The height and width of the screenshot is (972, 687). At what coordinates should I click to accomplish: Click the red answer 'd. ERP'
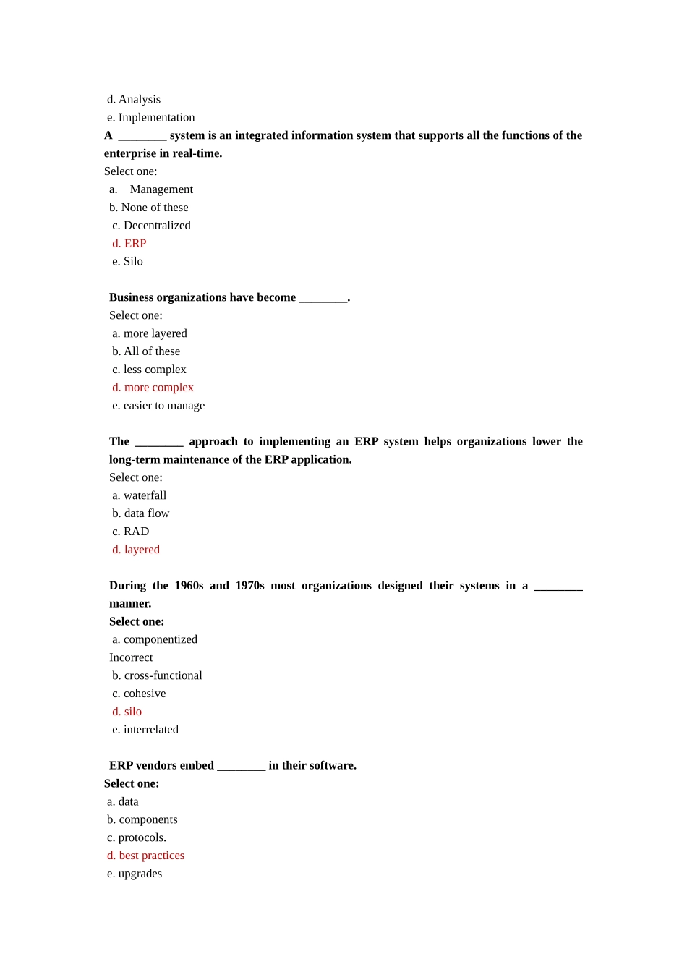coord(129,244)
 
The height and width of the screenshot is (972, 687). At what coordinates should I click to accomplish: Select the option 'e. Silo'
coord(128,262)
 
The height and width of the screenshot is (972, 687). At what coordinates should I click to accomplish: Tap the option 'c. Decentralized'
coord(152,226)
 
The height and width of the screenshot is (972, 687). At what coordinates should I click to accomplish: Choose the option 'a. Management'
coord(151,189)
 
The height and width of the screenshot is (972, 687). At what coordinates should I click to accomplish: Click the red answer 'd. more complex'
coord(153,388)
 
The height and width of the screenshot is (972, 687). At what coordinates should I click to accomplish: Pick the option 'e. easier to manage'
coord(158,406)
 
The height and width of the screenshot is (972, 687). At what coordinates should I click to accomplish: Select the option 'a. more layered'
coord(150,333)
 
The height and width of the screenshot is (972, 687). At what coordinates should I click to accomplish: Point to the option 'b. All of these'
coord(146,351)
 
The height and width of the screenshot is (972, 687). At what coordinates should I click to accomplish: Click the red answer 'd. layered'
coord(136,550)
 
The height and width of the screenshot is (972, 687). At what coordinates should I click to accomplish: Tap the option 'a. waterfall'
coord(140,495)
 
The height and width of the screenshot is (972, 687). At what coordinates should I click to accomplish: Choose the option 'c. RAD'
coord(131,532)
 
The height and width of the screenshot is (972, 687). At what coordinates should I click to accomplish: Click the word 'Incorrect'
coord(131,657)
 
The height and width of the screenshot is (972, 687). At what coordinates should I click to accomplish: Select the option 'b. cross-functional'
coord(157,675)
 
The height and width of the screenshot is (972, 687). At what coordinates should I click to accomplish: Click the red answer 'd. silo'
coord(127,712)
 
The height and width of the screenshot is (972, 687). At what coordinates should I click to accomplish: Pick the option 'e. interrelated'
coord(145,730)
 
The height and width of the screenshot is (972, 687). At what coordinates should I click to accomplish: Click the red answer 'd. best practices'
coord(146,856)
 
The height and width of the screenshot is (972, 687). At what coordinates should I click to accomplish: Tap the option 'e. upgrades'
coord(135,874)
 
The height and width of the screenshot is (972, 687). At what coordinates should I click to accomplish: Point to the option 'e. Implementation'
coord(151,118)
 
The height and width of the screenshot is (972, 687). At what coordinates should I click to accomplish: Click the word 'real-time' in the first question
coord(197,153)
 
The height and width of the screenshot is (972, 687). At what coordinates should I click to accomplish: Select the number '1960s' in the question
coord(189,586)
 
